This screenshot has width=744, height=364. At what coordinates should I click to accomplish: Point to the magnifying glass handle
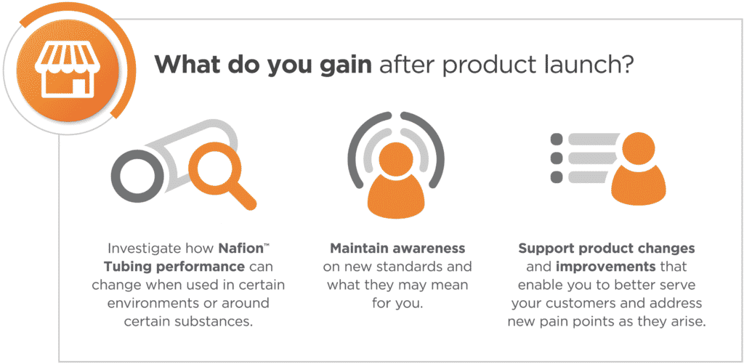pyautogui.click(x=242, y=195)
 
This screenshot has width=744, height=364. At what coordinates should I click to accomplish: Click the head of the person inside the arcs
pyautogui.click(x=396, y=160)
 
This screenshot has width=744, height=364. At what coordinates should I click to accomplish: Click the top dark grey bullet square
pyautogui.click(x=557, y=139)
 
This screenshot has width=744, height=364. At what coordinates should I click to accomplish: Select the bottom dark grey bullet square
pyautogui.click(x=557, y=177)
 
